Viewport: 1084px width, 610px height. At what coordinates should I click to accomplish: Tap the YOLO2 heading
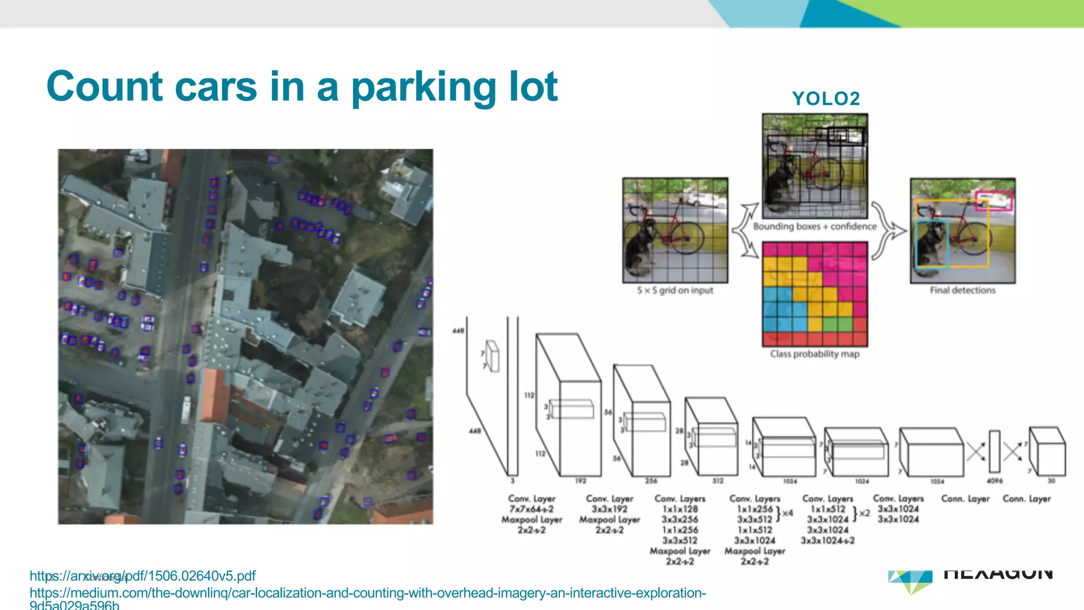[x=826, y=98]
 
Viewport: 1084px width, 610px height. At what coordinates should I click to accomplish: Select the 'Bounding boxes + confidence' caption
[x=815, y=227]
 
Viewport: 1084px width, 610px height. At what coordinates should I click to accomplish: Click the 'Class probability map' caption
[x=815, y=354]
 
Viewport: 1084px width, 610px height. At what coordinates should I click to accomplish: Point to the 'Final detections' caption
[x=962, y=290]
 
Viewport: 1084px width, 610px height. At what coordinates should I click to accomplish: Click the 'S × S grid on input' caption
[x=675, y=290]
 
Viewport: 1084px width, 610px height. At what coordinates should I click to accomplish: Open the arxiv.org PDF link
[x=142, y=576]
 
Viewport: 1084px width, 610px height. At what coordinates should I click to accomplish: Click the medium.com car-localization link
[x=367, y=593]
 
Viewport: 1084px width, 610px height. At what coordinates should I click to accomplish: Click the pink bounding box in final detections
[x=993, y=201]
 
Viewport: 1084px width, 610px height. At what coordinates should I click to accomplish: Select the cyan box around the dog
[x=932, y=244]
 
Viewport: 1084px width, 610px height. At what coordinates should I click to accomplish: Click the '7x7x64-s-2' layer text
[x=531, y=509]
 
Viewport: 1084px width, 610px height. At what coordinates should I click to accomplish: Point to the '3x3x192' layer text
[x=609, y=509]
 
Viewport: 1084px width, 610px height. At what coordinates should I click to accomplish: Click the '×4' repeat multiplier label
[x=788, y=513]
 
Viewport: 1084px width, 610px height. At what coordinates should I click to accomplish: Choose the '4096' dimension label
[x=995, y=481]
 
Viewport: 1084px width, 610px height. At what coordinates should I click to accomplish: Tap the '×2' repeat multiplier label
[x=864, y=513]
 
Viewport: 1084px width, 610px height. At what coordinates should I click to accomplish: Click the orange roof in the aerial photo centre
[x=214, y=394]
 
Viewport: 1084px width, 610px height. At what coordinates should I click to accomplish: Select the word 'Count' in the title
[x=104, y=87]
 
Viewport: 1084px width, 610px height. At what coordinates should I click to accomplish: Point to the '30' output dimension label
[x=1051, y=481]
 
